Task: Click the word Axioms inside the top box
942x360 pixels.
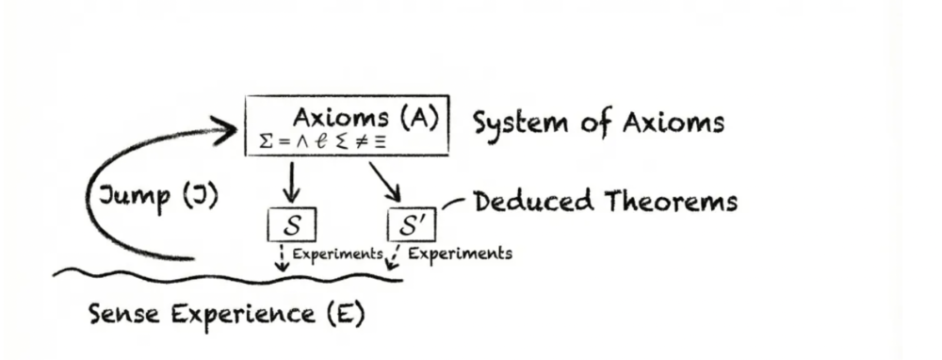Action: click(341, 118)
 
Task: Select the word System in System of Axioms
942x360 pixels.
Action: click(520, 124)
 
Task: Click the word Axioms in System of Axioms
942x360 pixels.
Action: click(674, 123)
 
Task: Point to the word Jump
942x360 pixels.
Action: click(134, 197)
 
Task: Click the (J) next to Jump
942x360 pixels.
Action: click(199, 196)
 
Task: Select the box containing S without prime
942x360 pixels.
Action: click(291, 224)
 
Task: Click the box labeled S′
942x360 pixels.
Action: click(412, 225)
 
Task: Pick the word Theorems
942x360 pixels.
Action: click(671, 201)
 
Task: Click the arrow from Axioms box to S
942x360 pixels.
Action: click(291, 182)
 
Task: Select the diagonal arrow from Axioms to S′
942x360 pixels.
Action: click(385, 182)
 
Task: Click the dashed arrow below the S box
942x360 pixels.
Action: click(282, 258)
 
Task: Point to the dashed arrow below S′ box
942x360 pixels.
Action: click(393, 257)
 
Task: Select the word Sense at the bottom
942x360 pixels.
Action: click(124, 315)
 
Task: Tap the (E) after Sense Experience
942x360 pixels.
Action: click(347, 315)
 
